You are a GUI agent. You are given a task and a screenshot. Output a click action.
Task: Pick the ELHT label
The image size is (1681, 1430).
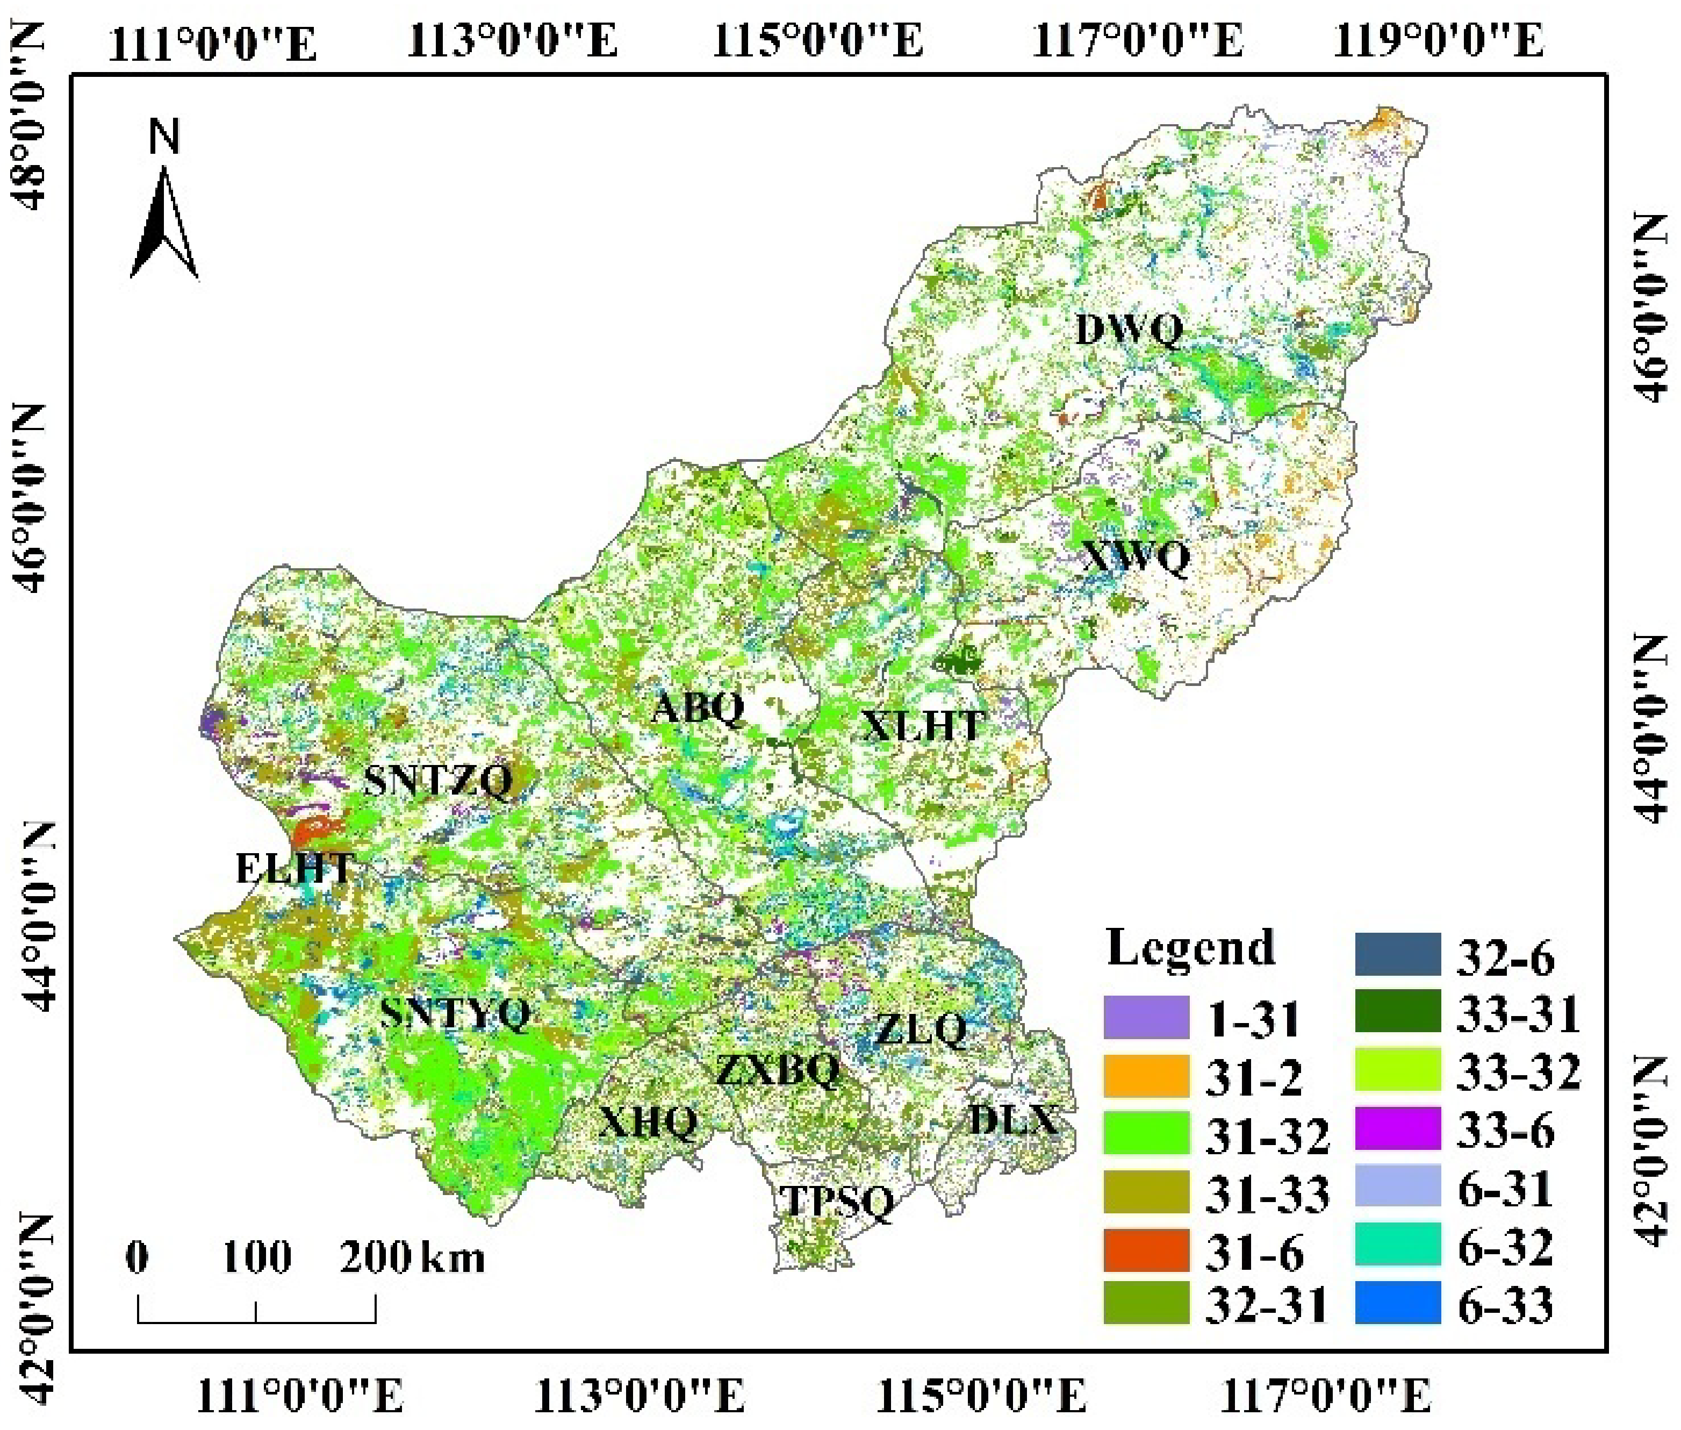point(294,869)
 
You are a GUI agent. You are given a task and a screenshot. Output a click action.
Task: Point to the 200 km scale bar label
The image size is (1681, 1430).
point(375,1257)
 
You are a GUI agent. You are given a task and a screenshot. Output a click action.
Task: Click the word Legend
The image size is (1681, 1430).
point(1190,948)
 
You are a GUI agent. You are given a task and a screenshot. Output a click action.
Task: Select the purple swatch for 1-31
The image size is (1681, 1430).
point(1146,1017)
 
